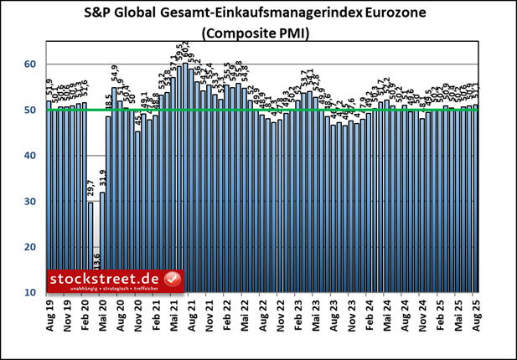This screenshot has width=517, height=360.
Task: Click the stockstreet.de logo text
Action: (105, 277)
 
